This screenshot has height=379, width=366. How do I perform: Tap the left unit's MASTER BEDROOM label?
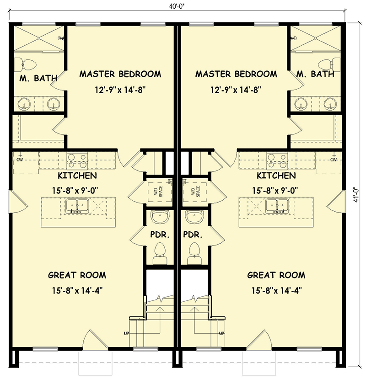120,74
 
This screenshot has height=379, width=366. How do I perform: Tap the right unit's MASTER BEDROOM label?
236,74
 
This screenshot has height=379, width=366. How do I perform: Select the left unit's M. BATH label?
38,78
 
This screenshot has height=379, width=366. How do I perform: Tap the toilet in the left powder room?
160,251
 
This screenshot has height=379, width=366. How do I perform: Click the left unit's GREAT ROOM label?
77,275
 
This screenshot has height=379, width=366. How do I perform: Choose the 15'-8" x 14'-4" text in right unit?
276,289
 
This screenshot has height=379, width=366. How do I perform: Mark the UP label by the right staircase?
221,333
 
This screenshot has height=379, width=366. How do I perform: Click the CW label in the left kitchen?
20,160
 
